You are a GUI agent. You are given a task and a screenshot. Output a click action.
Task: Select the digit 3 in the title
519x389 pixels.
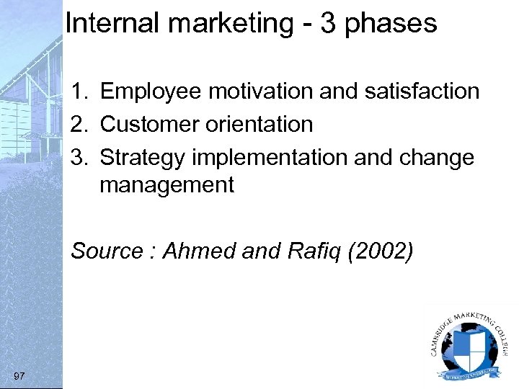pyautogui.click(x=327, y=23)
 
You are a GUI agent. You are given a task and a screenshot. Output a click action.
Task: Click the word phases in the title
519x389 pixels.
pyautogui.click(x=391, y=24)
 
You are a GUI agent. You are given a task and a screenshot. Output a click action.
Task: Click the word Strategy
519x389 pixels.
pyautogui.click(x=141, y=157)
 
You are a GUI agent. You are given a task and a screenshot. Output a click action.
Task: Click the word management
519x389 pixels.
pyautogui.click(x=167, y=185)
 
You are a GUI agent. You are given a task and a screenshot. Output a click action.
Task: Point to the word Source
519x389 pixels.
pyautogui.click(x=107, y=251)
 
